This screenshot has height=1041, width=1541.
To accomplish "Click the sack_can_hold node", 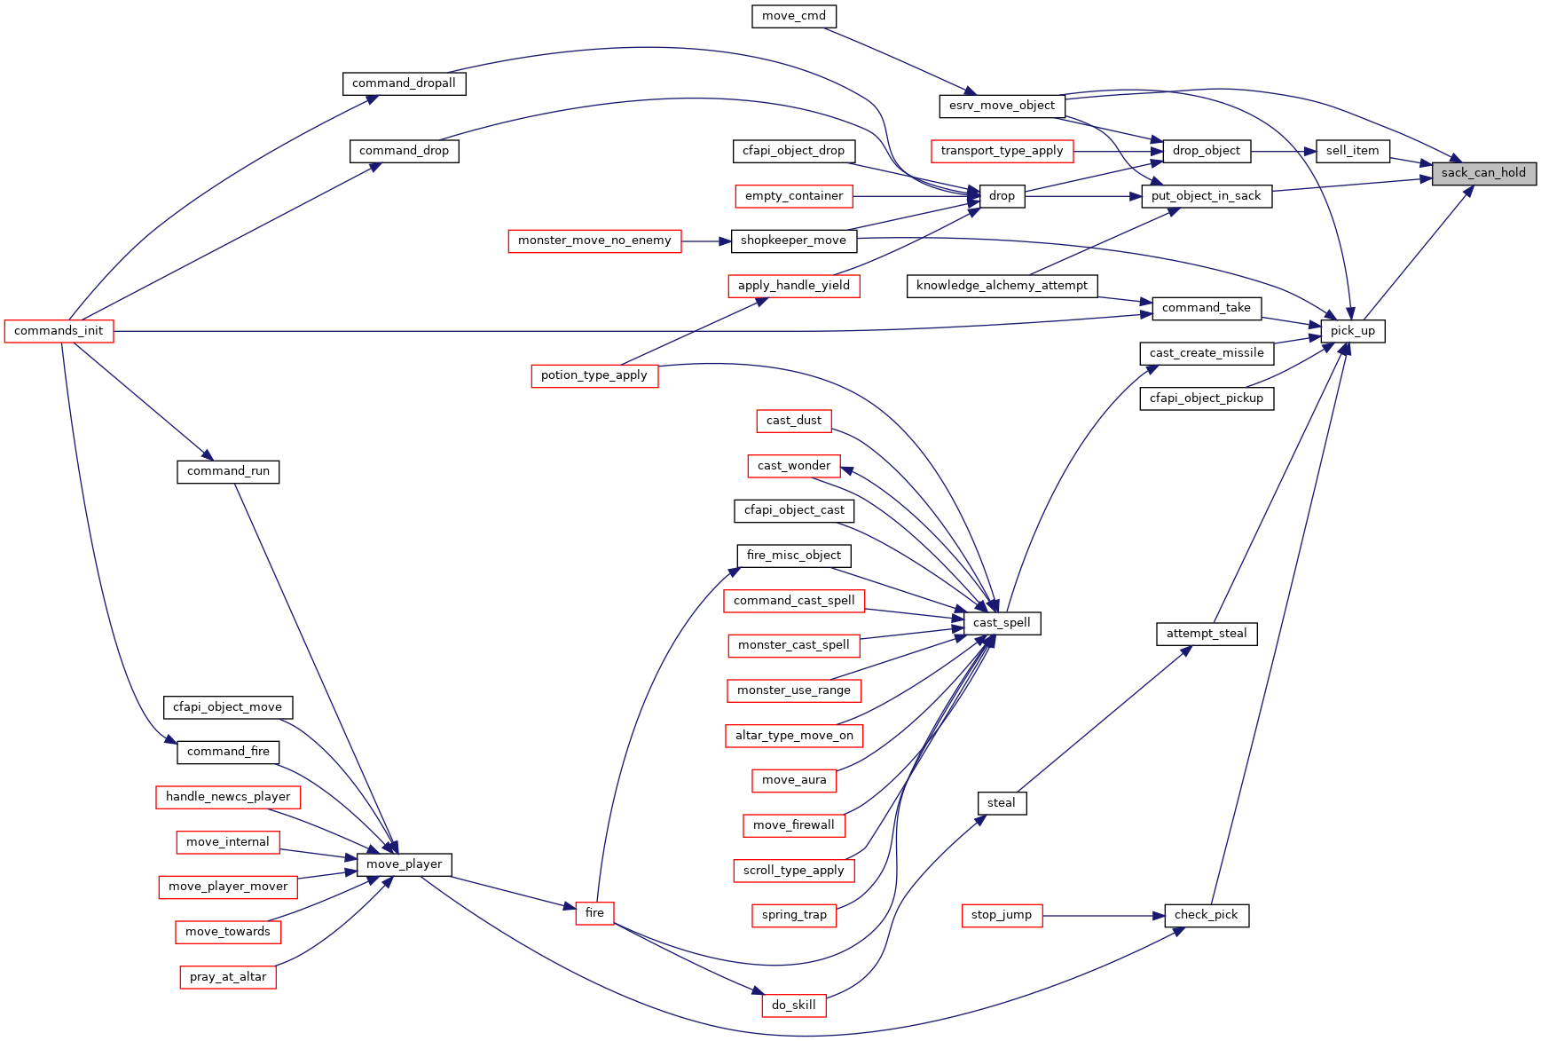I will (x=1483, y=173).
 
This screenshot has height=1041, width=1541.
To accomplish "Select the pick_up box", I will (x=1352, y=331).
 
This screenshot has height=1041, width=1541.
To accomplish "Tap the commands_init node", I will (x=59, y=331).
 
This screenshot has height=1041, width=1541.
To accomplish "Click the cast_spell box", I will (x=1002, y=623).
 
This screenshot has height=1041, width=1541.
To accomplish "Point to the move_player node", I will (x=405, y=864).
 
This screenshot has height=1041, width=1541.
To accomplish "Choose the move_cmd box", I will (x=794, y=16).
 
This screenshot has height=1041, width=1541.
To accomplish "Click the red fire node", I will (x=594, y=913).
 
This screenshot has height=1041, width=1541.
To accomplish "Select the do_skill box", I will (x=794, y=1006).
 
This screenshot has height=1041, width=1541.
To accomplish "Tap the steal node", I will (x=1002, y=803).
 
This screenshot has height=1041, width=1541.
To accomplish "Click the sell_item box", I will (x=1352, y=151).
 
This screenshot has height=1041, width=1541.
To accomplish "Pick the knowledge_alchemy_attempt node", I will (x=1002, y=286).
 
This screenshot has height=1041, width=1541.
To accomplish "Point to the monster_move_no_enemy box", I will (x=594, y=241).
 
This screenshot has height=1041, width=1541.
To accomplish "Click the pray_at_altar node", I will (x=228, y=977).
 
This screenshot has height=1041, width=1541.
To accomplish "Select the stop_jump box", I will (x=1002, y=915).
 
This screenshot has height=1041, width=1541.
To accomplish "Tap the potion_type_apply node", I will (x=594, y=375).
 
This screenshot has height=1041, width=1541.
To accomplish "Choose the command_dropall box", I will (x=404, y=83).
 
